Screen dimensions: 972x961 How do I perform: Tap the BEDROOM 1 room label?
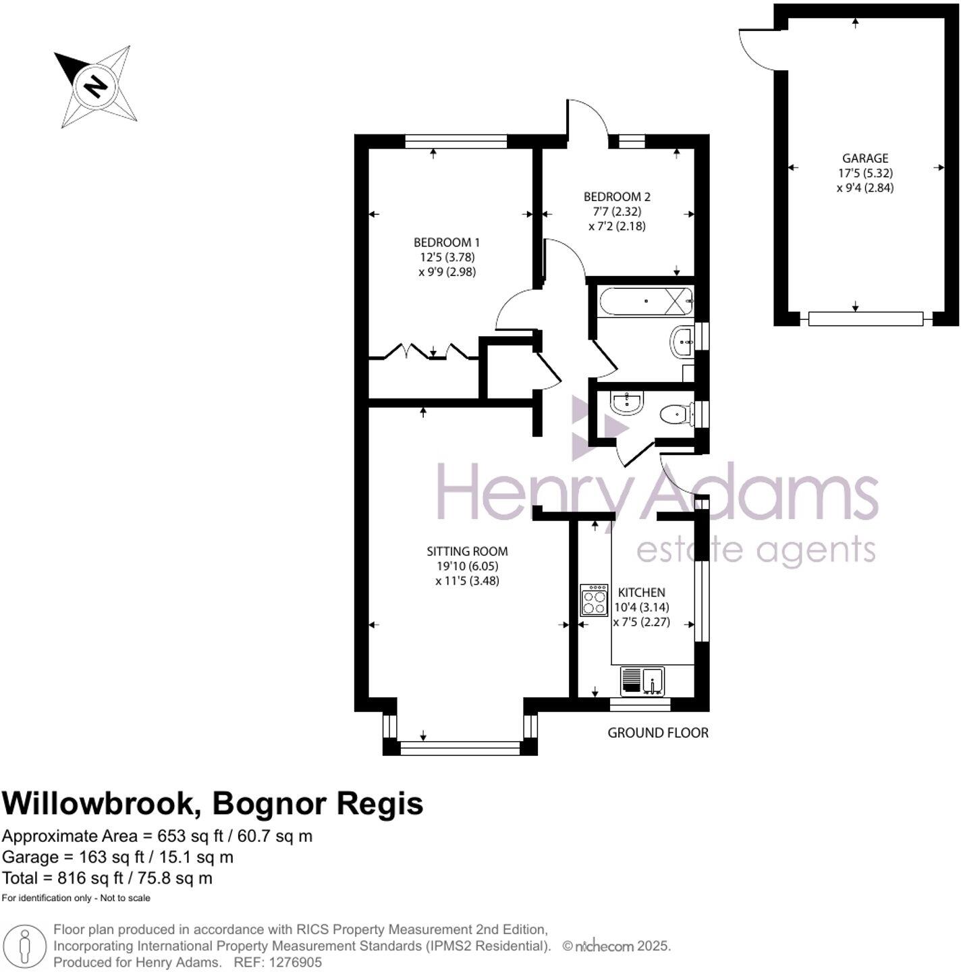pyautogui.click(x=447, y=242)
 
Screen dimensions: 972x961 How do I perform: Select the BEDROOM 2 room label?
pyautogui.click(x=617, y=197)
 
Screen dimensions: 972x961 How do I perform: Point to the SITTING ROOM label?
pyautogui.click(x=467, y=551)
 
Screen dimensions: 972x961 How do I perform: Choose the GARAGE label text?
pyautogui.click(x=864, y=159)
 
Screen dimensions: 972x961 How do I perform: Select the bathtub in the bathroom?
pyautogui.click(x=645, y=301)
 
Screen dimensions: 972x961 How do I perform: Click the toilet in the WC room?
pyautogui.click(x=676, y=414)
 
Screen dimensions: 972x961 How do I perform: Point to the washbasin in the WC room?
pyautogui.click(x=627, y=403)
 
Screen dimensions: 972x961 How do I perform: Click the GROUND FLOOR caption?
pyautogui.click(x=658, y=732)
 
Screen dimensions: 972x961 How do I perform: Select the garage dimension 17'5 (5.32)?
pyautogui.click(x=864, y=173)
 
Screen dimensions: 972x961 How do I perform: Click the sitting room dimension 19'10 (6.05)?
pyautogui.click(x=467, y=566)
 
